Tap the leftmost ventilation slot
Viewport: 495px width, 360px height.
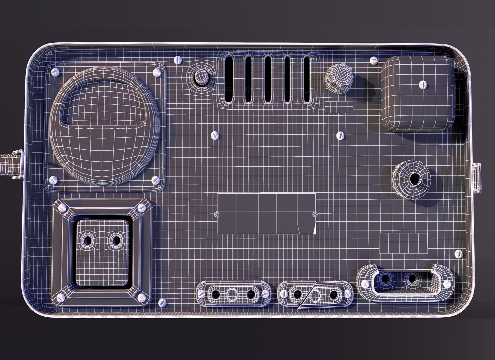(230, 78)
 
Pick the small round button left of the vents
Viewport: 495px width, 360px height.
(201, 76)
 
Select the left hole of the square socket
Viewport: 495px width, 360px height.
(89, 240)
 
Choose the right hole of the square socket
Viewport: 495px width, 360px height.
(116, 240)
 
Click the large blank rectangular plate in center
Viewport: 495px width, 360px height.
(266, 213)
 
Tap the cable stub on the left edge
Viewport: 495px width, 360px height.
(10, 164)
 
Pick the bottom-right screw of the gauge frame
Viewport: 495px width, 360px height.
(155, 180)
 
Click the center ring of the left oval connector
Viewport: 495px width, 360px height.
(233, 294)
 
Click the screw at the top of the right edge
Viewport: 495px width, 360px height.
(373, 61)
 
